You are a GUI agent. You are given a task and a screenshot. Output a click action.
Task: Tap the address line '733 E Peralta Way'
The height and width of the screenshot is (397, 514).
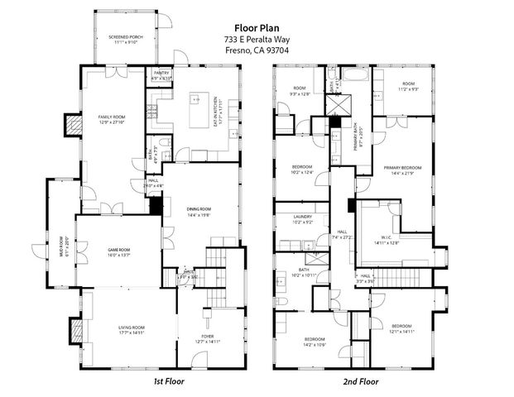[257, 39]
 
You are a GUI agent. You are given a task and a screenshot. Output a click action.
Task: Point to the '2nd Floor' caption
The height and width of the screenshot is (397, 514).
[361, 381]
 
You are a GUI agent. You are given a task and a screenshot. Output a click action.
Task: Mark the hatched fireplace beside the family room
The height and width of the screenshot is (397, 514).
[71, 125]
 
